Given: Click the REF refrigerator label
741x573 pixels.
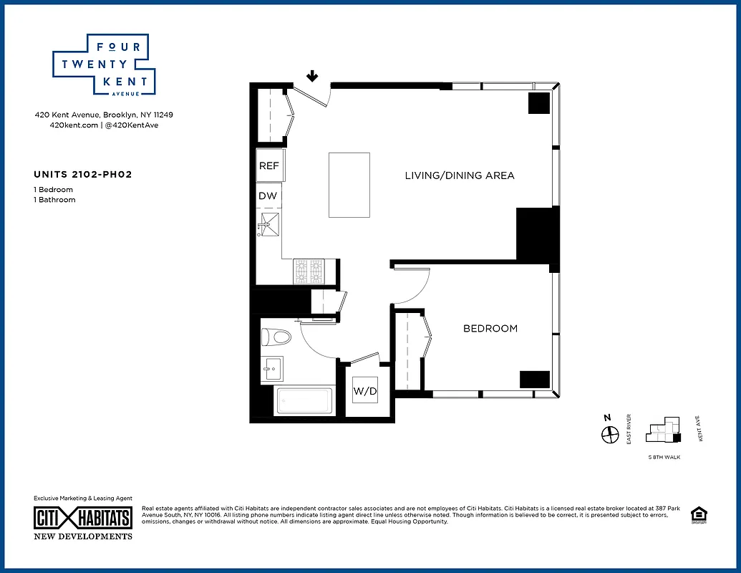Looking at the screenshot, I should (269, 165).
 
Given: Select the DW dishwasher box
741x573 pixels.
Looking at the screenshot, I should (268, 196).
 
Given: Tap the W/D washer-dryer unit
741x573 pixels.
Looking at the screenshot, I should (364, 392).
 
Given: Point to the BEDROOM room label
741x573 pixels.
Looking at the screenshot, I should (490, 329).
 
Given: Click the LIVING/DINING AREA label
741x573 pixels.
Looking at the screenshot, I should (460, 175).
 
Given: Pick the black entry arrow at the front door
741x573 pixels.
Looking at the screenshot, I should (312, 76).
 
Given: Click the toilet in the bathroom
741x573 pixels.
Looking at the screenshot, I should (276, 337).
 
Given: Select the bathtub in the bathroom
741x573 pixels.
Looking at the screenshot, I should (304, 401).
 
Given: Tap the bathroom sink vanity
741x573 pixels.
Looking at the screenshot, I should (271, 370).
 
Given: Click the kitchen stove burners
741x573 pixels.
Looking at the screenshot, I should (309, 270).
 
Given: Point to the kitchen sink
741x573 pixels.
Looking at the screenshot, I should (270, 224).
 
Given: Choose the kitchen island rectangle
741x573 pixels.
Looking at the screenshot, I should (349, 185).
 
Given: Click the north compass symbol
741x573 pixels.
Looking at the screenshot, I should (610, 434).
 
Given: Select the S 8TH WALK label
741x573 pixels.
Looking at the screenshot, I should (662, 456).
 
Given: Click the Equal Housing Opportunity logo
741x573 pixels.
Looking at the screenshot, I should (697, 515).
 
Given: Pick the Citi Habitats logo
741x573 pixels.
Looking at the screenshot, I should (83, 518).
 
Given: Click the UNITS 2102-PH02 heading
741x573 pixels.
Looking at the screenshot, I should (83, 174).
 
